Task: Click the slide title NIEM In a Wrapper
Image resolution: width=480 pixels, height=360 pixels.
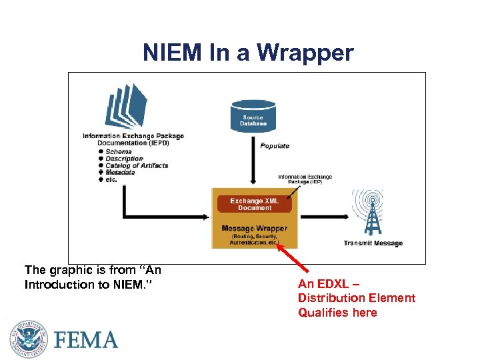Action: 248,53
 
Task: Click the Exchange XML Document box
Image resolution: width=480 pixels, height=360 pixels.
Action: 254,204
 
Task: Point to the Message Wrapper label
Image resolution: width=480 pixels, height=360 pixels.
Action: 254,228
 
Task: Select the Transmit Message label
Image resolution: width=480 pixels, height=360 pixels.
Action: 373,243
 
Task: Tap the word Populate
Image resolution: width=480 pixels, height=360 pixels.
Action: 275,146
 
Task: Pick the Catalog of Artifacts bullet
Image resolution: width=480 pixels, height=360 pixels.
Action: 137,165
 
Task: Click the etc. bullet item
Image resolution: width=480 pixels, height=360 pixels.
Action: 111,179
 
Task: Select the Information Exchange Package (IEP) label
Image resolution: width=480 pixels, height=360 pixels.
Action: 305,179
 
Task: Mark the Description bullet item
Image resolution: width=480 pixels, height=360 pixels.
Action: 124,159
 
